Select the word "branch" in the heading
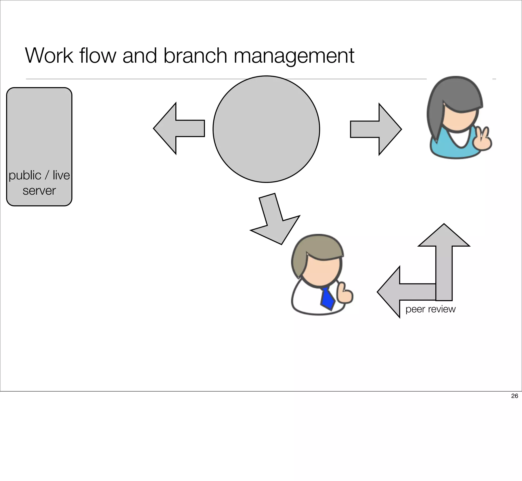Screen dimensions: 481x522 pyautogui.click(x=195, y=56)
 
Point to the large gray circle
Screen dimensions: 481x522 pyautogui.click(x=266, y=129)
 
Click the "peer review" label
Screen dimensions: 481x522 pyautogui.click(x=430, y=309)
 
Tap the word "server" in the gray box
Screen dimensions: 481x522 pyautogui.click(x=39, y=191)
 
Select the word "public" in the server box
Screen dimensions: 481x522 pyautogui.click(x=25, y=176)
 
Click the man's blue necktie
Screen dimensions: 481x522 pyautogui.click(x=327, y=298)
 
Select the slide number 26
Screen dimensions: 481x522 pyautogui.click(x=514, y=396)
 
